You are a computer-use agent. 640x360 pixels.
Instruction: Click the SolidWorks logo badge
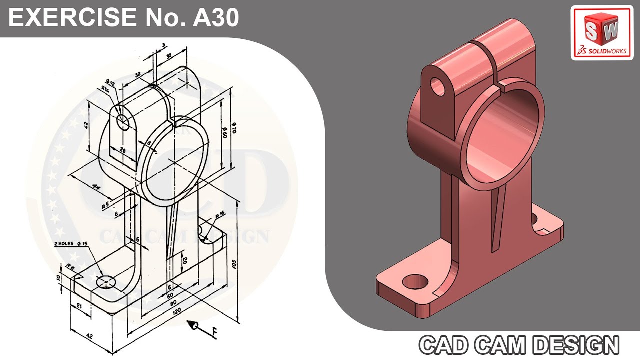tap(602, 33)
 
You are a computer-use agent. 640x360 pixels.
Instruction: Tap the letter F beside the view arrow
tap(214, 331)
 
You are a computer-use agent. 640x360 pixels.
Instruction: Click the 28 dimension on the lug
tap(123, 150)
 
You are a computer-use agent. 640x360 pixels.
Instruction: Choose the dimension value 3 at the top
tap(163, 45)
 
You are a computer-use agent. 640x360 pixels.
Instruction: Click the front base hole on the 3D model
tap(415, 281)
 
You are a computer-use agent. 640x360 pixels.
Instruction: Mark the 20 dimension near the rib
tap(185, 260)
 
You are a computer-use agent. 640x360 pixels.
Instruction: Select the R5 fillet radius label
tap(106, 205)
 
